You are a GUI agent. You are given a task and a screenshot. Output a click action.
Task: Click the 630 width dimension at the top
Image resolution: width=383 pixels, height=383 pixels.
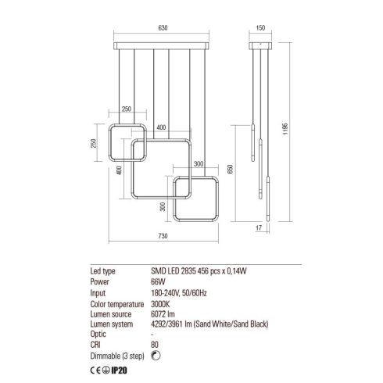pyautogui.click(x=163, y=28)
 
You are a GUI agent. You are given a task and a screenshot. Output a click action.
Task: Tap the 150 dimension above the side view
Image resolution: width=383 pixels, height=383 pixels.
pyautogui.click(x=260, y=28)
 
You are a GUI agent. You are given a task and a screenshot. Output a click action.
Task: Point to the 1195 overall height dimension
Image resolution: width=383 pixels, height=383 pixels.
pyautogui.click(x=285, y=129)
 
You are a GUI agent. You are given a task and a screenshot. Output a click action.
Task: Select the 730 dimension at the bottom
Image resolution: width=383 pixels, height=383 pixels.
pyautogui.click(x=163, y=236)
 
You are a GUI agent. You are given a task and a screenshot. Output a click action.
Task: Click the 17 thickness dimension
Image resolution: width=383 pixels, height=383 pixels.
pyautogui.click(x=259, y=228)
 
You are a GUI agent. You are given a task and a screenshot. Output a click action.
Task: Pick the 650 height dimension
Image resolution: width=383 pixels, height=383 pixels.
pyautogui.click(x=231, y=169)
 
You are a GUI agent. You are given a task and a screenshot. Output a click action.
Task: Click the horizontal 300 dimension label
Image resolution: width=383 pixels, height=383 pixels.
pyautogui.click(x=199, y=164)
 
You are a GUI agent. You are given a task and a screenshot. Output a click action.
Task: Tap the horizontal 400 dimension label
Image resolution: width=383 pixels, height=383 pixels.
pyautogui.click(x=161, y=127)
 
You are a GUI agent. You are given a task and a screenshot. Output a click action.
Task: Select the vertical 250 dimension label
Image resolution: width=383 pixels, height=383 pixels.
pyautogui.click(x=93, y=143)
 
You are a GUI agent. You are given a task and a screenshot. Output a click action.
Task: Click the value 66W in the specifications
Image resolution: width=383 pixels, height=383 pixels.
pyautogui.click(x=158, y=282)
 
